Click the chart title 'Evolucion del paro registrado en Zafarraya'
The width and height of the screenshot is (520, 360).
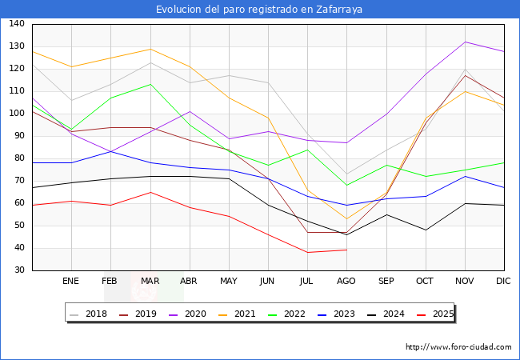(x=260, y=9)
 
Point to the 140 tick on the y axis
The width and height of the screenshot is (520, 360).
(x=16, y=24)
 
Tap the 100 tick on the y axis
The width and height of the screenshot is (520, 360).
(x=16, y=114)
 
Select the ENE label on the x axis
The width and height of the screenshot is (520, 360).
(x=71, y=282)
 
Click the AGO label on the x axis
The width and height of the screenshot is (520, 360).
(x=346, y=282)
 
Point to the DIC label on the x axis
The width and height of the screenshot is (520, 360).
(x=503, y=282)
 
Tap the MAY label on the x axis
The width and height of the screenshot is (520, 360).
(x=229, y=282)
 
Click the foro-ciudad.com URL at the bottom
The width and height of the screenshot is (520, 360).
(x=458, y=347)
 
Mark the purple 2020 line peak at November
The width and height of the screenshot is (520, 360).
(x=465, y=42)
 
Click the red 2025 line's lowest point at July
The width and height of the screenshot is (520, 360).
(x=307, y=253)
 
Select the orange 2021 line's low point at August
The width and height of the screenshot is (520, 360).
(x=346, y=219)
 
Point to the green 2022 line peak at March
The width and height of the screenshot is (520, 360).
(x=150, y=84)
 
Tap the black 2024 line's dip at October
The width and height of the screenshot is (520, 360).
(x=425, y=230)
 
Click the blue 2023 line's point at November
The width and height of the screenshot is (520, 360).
(x=465, y=176)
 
